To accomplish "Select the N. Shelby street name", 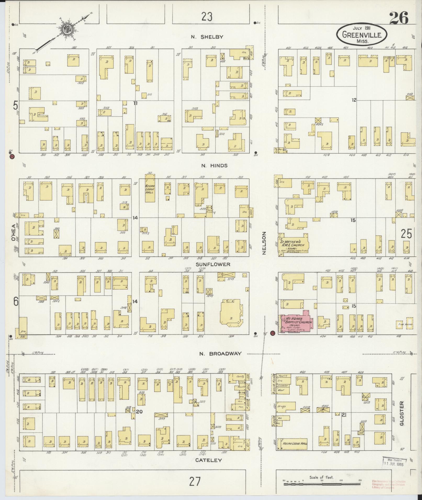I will (207, 37).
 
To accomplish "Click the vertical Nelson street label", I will (264, 243).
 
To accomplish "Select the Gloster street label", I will (402, 417).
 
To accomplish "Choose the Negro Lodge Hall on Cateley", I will (295, 443).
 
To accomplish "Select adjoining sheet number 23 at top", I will (206, 17).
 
